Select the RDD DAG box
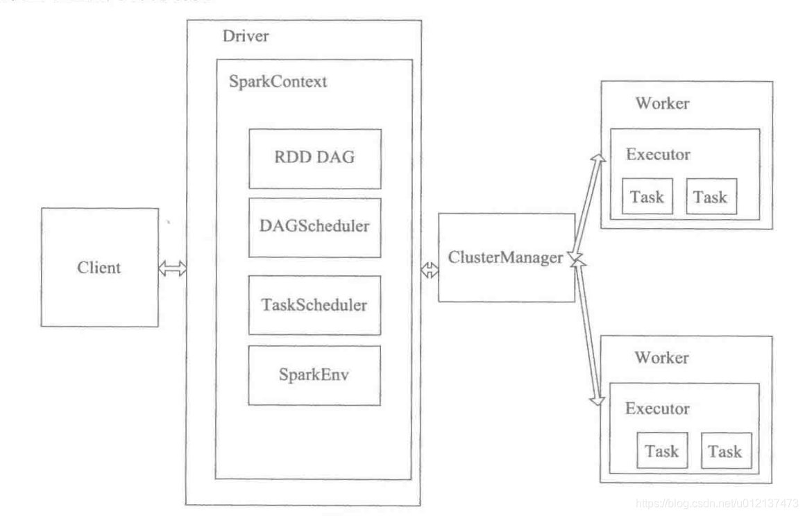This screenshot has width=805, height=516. (x=314, y=158)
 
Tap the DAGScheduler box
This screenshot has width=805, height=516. (x=314, y=227)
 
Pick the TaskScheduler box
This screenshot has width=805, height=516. (x=314, y=304)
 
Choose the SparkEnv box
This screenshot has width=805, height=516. (x=314, y=375)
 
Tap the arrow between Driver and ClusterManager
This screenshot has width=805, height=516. (x=430, y=271)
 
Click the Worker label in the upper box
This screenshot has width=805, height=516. (x=662, y=103)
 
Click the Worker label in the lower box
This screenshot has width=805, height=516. (x=662, y=358)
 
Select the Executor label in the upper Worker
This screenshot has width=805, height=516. (x=658, y=154)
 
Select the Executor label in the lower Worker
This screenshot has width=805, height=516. (x=658, y=409)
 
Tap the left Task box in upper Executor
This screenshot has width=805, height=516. (x=647, y=196)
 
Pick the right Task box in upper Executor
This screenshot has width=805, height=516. (x=711, y=196)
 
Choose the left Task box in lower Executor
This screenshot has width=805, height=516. (x=661, y=452)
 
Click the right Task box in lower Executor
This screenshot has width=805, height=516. (x=725, y=452)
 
